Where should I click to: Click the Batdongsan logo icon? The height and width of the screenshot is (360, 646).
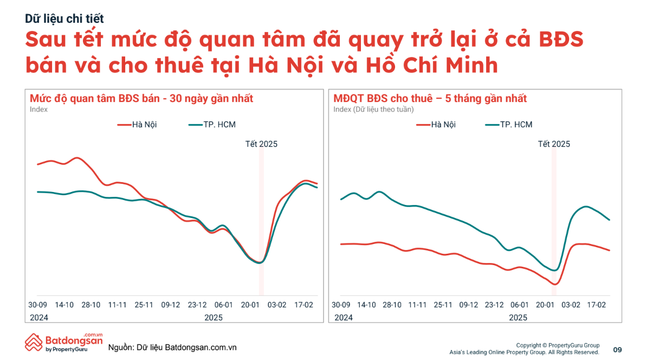point(34,343)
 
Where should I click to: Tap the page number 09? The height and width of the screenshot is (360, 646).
point(617,349)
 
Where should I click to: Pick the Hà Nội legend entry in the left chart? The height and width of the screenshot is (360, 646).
point(138,125)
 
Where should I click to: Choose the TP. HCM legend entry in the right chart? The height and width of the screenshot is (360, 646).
point(509,125)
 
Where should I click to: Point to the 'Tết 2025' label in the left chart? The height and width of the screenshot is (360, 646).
point(261,144)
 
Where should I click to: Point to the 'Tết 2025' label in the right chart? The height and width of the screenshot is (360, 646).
point(554,144)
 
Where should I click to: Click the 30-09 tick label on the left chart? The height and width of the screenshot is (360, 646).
point(38,305)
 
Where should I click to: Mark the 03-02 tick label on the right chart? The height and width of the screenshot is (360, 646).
point(570,305)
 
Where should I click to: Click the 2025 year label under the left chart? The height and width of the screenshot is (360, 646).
point(214,318)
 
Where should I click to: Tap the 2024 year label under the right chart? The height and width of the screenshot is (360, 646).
point(343,318)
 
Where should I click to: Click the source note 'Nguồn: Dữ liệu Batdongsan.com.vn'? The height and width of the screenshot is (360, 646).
point(172,347)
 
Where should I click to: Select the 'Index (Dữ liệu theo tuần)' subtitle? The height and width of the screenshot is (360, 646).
point(373,110)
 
